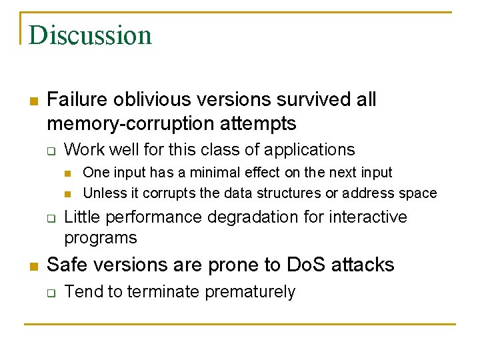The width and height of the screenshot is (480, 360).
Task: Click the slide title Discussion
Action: coord(90,35)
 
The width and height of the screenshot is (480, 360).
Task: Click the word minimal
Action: coord(217,173)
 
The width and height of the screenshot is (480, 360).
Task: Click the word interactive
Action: coord(369,217)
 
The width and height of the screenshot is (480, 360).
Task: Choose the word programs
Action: coord(101,238)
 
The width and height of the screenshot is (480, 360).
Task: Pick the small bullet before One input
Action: coord(67,173)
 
